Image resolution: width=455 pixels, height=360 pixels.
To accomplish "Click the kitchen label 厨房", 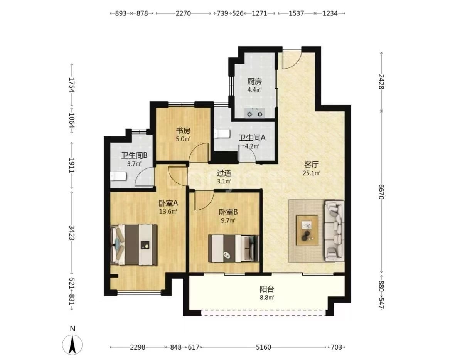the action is [254, 81].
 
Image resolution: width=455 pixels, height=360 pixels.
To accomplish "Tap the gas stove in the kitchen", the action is [255, 113].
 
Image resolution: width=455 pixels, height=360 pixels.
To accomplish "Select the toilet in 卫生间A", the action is [221, 134].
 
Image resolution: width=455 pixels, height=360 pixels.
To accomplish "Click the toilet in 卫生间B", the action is [118, 176].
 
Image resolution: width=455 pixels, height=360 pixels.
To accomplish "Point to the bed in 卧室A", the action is [134, 244].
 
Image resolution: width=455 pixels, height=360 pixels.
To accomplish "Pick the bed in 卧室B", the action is [233, 248].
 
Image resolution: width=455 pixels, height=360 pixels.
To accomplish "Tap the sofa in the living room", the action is [334, 230].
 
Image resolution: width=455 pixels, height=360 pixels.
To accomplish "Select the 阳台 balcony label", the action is [267, 289].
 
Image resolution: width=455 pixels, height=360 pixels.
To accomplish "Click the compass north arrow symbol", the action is [72, 344].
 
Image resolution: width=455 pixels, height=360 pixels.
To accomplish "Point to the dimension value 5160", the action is [263, 347].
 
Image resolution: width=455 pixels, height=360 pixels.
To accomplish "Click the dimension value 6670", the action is [381, 192].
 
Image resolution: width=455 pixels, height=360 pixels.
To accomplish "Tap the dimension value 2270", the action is [183, 13].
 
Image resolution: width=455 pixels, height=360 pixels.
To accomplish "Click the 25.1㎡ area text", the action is [311, 173].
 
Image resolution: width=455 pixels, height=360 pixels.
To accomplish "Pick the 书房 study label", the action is [183, 131].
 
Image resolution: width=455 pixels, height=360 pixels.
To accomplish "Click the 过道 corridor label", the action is [224, 173].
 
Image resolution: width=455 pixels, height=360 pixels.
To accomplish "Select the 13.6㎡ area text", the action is [168, 212].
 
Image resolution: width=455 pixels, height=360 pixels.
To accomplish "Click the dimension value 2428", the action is [381, 81].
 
